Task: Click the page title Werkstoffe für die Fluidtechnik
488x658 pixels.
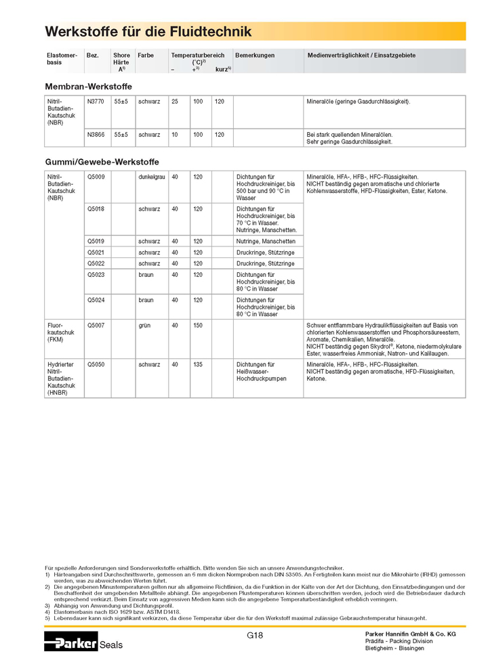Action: pyautogui.click(x=148, y=32)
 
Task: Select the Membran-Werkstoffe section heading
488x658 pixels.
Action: pyautogui.click(x=88, y=87)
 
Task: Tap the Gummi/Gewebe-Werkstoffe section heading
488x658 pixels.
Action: pyautogui.click(x=102, y=162)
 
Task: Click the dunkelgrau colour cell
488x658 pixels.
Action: pyautogui.click(x=152, y=177)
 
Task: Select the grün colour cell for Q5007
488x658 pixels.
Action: pyautogui.click(x=144, y=326)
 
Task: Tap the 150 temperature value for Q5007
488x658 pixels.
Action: pyautogui.click(x=198, y=326)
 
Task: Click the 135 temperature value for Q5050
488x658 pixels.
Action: pyautogui.click(x=198, y=364)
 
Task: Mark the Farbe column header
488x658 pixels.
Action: pyautogui.click(x=146, y=55)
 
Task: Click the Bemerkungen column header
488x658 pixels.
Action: pyautogui.click(x=255, y=55)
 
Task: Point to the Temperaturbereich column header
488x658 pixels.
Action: pyautogui.click(x=198, y=55)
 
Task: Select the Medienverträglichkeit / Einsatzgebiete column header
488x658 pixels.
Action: pyautogui.click(x=361, y=55)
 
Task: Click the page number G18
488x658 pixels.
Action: pyautogui.click(x=255, y=635)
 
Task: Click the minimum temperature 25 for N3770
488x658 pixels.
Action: pyautogui.click(x=175, y=101)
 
